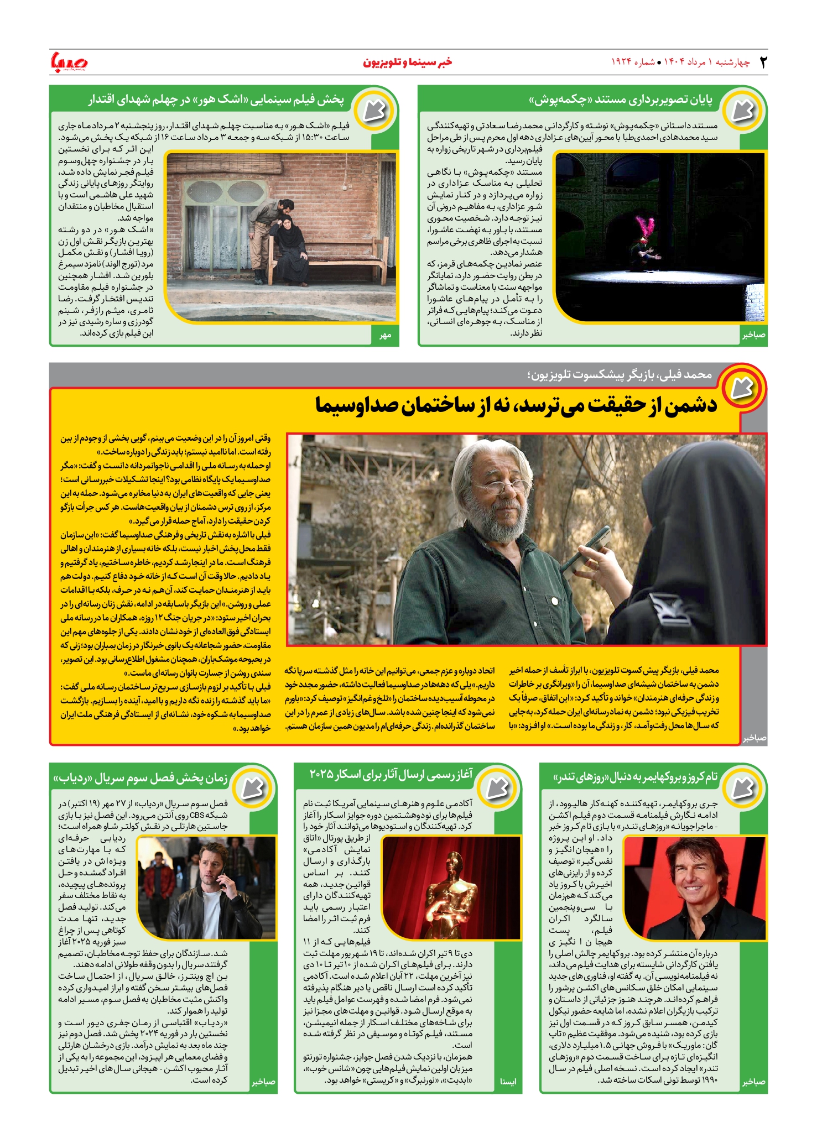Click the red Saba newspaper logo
tap(69, 62)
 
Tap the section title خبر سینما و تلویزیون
tap(408, 62)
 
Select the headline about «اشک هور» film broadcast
tap(216, 100)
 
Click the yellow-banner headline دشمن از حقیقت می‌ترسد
tap(516, 405)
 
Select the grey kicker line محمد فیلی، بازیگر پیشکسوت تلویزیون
tap(620, 375)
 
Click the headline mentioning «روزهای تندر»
tap(636, 777)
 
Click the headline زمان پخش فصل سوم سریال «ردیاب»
tap(141, 779)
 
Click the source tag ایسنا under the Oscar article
tap(508, 1082)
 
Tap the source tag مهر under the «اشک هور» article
tap(385, 335)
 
